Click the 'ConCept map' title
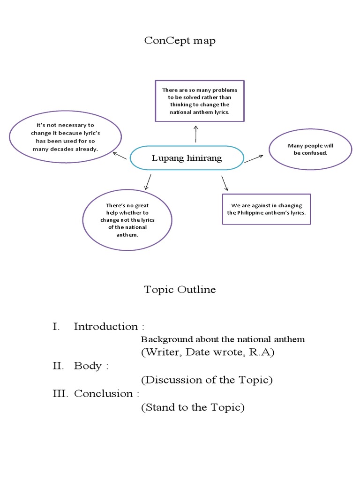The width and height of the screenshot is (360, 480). (180, 41)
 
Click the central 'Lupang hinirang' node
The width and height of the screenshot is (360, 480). (187, 158)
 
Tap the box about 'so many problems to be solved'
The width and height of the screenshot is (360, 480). (199, 101)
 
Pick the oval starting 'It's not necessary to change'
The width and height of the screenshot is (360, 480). (65, 137)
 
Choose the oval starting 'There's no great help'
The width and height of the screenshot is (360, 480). (127, 220)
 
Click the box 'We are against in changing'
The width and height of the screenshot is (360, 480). (266, 209)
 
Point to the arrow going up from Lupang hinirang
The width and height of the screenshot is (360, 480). (195, 134)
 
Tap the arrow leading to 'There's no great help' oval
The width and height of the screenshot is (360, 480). (148, 182)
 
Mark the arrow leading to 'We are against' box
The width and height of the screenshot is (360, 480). (225, 183)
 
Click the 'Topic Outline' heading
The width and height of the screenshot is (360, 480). (180, 290)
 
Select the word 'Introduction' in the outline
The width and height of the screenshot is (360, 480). (105, 327)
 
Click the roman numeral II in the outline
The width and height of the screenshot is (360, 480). (59, 366)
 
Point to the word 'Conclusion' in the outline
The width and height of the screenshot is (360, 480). (103, 394)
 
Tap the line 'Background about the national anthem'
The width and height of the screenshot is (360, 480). (223, 339)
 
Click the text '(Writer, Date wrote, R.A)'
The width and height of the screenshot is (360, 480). (207, 352)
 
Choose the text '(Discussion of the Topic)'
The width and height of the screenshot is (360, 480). (207, 380)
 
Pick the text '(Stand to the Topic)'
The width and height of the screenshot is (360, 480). (193, 407)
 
